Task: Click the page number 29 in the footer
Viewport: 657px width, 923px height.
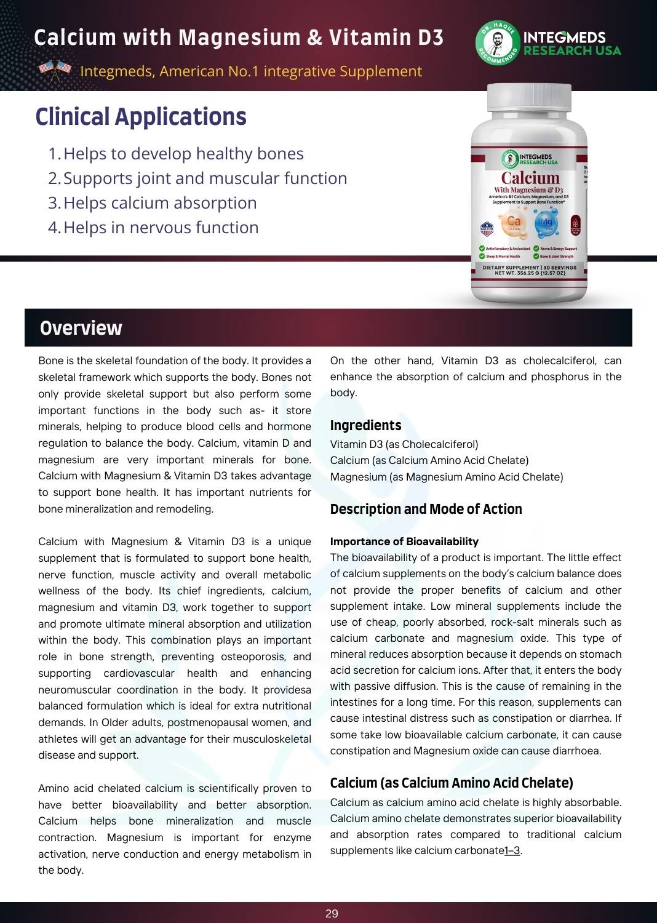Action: coord(332,913)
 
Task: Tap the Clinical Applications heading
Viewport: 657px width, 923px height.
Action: coord(141,117)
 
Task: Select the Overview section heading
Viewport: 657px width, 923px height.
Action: coord(81,328)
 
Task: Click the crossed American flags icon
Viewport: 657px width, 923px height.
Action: coord(55,70)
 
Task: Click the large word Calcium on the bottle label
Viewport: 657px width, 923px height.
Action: coord(530,178)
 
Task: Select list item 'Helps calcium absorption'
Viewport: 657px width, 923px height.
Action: coord(160,203)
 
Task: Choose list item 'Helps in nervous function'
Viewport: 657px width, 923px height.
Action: coord(161,228)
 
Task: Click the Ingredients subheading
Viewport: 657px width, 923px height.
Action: coord(365,425)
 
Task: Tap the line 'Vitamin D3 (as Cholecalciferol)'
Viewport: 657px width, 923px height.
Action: coord(404,444)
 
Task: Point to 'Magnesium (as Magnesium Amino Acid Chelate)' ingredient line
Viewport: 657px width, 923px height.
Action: coord(447,477)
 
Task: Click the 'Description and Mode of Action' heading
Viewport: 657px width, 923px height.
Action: coord(426,509)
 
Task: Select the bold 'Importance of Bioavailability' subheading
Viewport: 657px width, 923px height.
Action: coord(404,541)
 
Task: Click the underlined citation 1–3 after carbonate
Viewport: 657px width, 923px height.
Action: coord(512,851)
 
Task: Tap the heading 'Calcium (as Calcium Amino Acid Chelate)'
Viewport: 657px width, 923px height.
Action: coord(452,783)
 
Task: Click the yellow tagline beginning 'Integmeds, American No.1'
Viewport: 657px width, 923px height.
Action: coord(251,71)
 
